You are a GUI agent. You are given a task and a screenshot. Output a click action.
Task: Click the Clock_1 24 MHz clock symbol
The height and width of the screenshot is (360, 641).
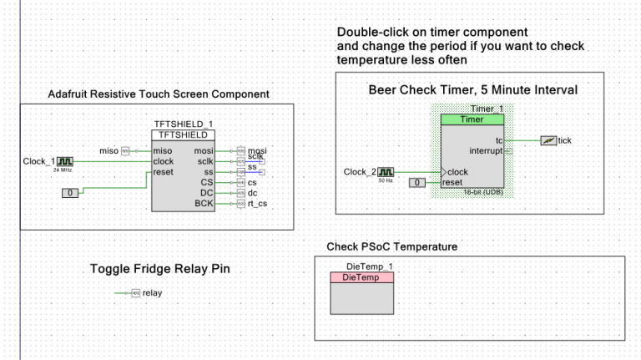65,161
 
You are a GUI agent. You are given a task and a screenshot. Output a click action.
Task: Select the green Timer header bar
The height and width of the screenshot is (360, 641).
472,119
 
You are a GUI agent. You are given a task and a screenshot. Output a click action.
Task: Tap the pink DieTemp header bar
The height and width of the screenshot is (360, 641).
361,277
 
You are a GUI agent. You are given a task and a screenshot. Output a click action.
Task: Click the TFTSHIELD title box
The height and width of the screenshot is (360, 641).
184,134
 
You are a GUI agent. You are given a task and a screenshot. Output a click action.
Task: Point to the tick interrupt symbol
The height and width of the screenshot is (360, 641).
548,141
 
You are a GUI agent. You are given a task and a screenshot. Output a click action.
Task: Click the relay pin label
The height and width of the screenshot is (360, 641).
152,293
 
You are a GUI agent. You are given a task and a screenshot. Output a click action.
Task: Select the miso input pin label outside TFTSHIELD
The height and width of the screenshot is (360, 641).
109,150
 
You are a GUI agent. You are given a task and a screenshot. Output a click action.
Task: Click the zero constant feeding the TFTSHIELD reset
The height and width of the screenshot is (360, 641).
71,193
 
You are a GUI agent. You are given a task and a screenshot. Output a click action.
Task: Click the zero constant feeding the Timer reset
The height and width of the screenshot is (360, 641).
417,183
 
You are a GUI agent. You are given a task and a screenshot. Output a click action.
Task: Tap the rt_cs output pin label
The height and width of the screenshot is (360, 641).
257,203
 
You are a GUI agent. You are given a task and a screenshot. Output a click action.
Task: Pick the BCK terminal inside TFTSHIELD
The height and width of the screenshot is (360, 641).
204,203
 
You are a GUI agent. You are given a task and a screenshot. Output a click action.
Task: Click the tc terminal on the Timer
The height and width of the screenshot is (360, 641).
499,140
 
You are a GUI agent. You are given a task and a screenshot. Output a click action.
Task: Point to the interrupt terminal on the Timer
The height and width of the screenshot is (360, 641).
486,151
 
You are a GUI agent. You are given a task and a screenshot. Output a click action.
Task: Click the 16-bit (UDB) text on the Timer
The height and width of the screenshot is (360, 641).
482,192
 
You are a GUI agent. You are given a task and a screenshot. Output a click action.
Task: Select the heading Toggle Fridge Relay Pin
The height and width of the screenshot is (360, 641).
159,269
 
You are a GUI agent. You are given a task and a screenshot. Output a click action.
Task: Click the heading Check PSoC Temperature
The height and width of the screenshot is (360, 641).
391,246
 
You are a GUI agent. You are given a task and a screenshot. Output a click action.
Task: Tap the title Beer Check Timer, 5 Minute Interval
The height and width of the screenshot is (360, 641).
472,89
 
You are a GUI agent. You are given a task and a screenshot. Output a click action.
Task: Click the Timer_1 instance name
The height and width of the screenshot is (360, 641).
487,109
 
